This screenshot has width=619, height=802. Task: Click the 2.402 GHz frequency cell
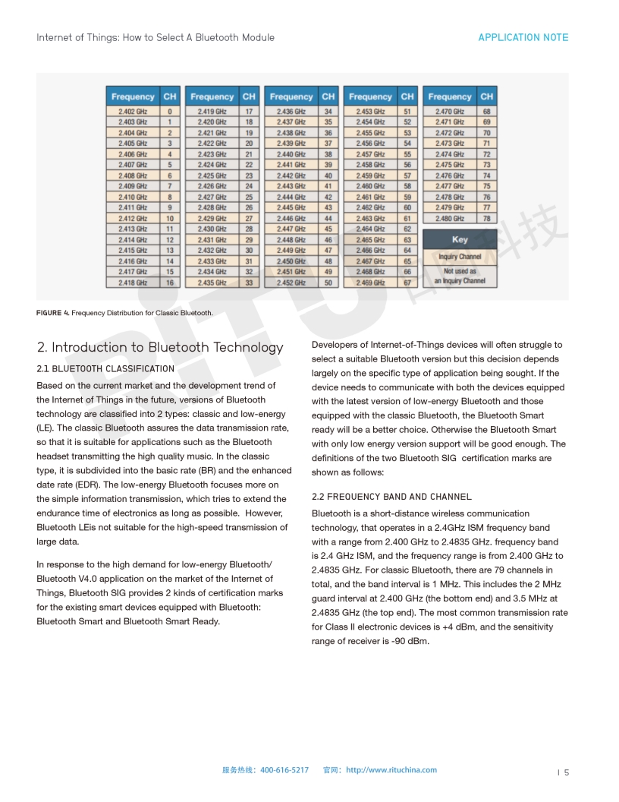click(133, 112)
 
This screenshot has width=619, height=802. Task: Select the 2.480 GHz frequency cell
click(449, 219)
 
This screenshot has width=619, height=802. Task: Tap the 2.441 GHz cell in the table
click(291, 165)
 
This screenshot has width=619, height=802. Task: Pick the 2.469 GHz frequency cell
click(370, 283)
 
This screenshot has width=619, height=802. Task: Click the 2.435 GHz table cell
click(212, 283)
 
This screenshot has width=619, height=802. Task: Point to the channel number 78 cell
click(486, 219)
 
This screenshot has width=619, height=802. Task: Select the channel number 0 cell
click(170, 112)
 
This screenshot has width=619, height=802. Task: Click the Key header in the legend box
click(460, 239)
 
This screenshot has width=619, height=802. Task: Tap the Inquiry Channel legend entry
click(460, 257)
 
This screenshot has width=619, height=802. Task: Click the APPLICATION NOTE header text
click(523, 37)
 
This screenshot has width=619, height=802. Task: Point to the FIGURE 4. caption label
click(52, 313)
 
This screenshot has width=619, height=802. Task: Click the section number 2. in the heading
click(42, 348)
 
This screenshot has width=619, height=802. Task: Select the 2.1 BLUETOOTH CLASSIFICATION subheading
click(105, 368)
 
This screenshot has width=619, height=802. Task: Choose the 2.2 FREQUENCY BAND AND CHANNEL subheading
click(391, 497)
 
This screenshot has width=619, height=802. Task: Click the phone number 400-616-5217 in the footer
click(284, 770)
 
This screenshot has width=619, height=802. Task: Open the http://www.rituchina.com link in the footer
click(391, 770)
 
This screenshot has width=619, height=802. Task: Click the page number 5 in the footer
click(566, 773)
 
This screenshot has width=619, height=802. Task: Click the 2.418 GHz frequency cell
click(133, 283)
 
